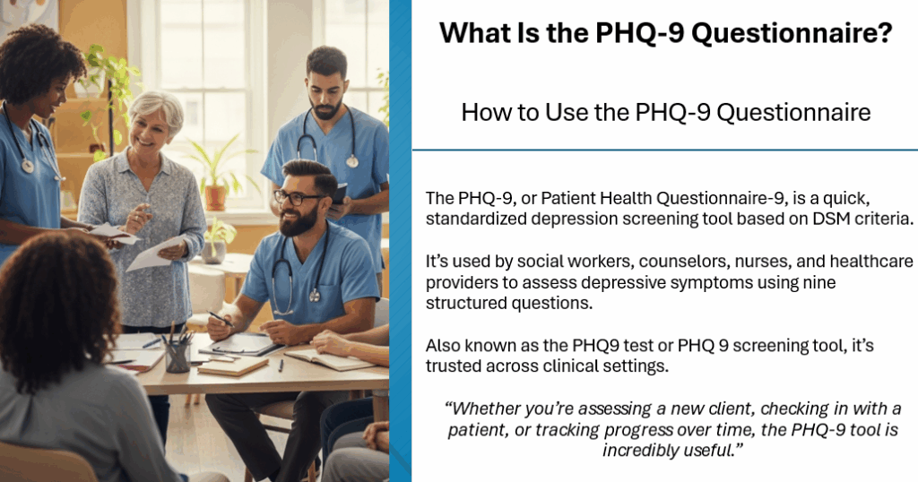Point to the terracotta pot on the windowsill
216,196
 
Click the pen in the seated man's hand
219,317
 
